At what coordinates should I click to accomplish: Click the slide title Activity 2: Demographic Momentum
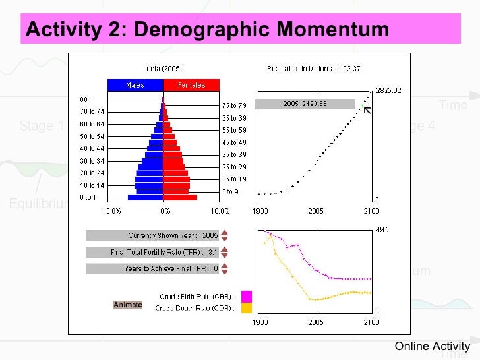coord(205,30)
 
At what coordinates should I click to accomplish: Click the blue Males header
coord(135,85)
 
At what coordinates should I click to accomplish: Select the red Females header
coord(191,85)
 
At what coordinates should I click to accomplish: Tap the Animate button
coord(127,305)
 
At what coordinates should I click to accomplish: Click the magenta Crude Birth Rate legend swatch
coord(247,296)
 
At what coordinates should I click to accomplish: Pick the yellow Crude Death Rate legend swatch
coord(247,308)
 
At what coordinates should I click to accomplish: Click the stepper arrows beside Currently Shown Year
coord(225,235)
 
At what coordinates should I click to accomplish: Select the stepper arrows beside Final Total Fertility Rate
coord(225,252)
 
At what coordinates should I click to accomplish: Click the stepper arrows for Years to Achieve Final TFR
coord(225,268)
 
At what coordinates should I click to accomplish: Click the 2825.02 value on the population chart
coord(388,91)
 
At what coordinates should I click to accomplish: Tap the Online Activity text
coord(433,346)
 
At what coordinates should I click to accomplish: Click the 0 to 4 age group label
coord(88,197)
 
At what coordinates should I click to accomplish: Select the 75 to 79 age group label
coord(234,105)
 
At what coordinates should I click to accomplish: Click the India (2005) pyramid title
coord(164,68)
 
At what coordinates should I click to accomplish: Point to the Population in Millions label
coord(314,68)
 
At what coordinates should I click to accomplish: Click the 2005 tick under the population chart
coord(316,211)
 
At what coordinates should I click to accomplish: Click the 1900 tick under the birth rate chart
coord(260,322)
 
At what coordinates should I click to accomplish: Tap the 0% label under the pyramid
coord(165,211)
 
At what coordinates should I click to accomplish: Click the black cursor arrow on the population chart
coord(367,109)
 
